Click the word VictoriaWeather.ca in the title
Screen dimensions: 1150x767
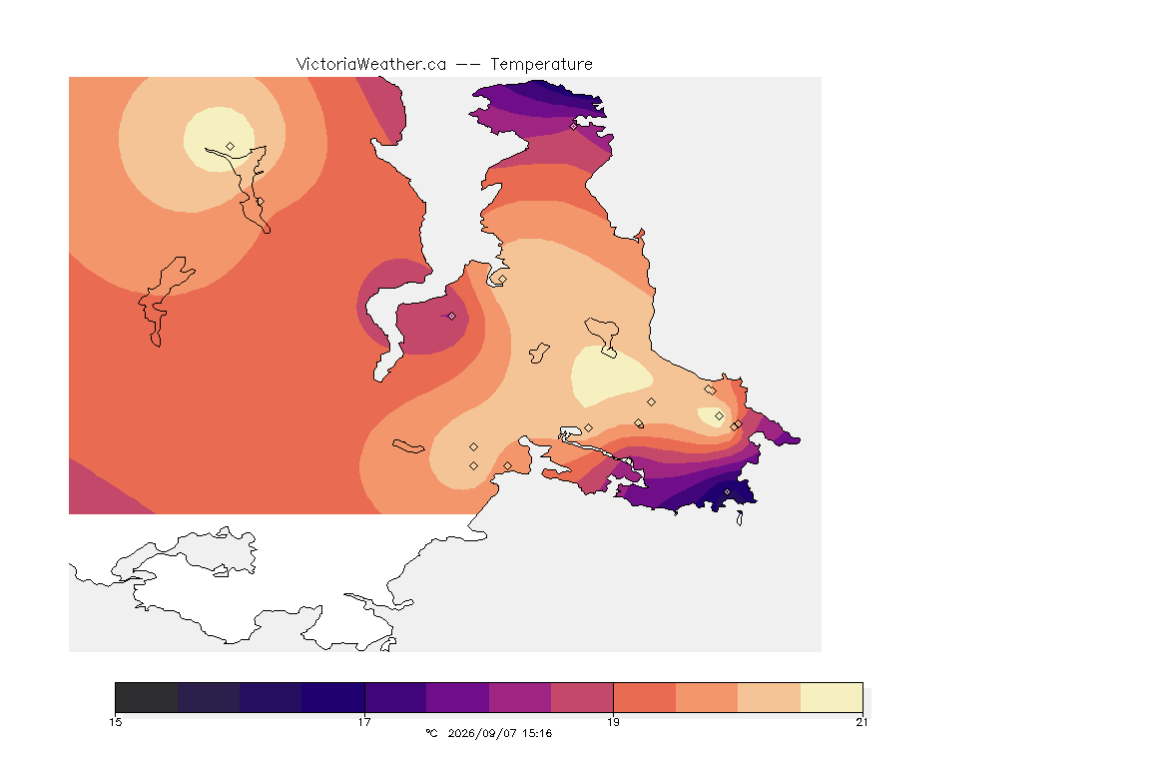pos(371,65)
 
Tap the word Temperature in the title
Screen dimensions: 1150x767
pos(541,65)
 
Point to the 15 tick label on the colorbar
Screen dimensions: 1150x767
pos(115,722)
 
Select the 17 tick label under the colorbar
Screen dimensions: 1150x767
pos(364,722)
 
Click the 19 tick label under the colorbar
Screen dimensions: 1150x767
pos(613,722)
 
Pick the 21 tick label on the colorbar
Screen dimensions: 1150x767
pos(862,722)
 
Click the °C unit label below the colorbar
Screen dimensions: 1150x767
pos(431,733)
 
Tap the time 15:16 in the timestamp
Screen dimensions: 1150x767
pos(537,733)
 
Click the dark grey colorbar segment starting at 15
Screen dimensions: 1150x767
pos(147,697)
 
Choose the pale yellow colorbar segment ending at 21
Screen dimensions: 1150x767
pos(831,697)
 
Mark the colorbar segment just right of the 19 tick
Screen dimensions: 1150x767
pos(645,697)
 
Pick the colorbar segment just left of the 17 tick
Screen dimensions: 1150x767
pos(333,697)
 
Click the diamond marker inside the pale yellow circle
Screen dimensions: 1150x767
pos(231,147)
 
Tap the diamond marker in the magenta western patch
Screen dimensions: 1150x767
pos(452,317)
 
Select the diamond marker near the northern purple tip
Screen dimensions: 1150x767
pos(574,126)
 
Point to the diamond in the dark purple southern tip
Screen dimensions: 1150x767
pos(728,491)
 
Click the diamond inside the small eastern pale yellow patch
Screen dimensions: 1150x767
pos(719,416)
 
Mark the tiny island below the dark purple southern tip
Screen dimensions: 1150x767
pos(740,518)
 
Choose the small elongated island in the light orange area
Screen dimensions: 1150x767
pos(408,446)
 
